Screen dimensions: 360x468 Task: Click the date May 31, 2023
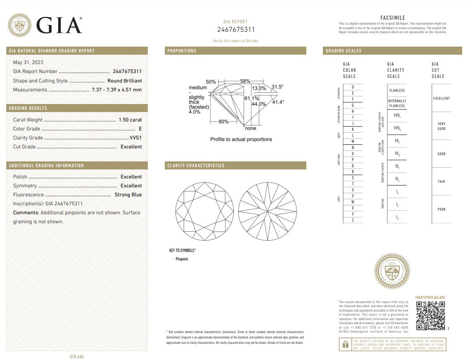pyautogui.click(x=28, y=62)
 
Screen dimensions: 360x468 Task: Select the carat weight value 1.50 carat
pyautogui.click(x=130, y=120)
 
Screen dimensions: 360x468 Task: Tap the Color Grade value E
pyautogui.click(x=140, y=129)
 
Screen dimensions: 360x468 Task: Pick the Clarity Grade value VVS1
pyautogui.click(x=135, y=138)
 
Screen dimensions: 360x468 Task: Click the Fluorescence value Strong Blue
pyautogui.click(x=128, y=195)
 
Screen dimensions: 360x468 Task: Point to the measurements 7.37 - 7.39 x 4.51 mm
pyautogui.click(x=116, y=90)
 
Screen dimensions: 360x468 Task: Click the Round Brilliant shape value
pyautogui.click(x=125, y=81)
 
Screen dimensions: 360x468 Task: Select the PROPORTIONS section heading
pyautogui.click(x=182, y=51)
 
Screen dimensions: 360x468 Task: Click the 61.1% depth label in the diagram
pyautogui.click(x=251, y=98)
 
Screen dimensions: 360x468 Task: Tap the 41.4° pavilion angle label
pyautogui.click(x=278, y=102)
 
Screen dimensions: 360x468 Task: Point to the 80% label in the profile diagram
pyautogui.click(x=223, y=122)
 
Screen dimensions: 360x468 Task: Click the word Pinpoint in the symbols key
pyautogui.click(x=182, y=259)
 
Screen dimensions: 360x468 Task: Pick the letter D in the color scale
pyautogui.click(x=353, y=87)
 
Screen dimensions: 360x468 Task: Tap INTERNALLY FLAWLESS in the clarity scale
pyautogui.click(x=397, y=104)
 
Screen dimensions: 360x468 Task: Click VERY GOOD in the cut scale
pyautogui.click(x=441, y=126)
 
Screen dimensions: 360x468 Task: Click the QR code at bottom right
pyautogui.click(x=430, y=316)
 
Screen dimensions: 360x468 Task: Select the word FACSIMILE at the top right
pyautogui.click(x=392, y=18)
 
